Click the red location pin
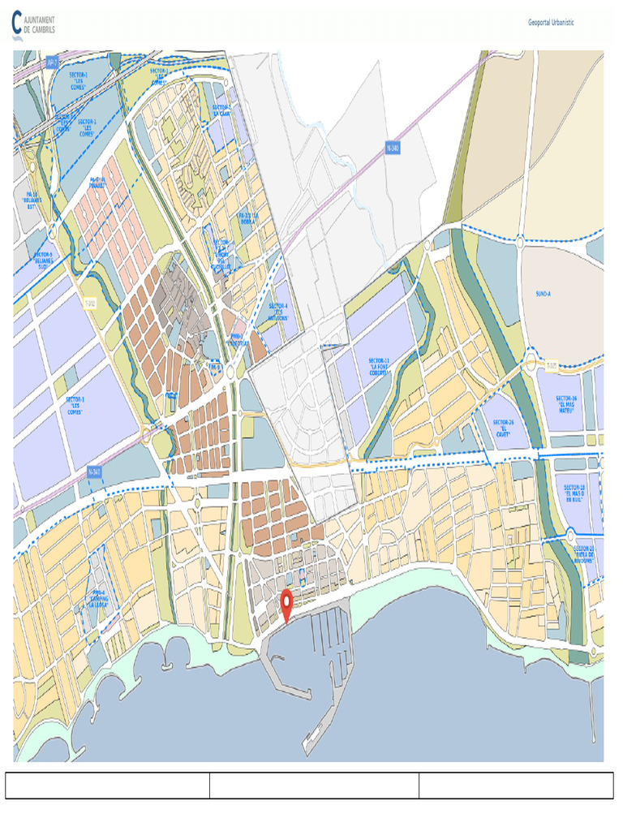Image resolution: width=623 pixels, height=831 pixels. [x=286, y=603]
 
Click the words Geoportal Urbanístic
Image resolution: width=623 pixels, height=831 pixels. [x=551, y=23]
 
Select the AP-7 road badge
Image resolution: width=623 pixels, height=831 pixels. [x=52, y=62]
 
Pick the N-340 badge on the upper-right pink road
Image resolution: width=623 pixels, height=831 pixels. [x=393, y=149]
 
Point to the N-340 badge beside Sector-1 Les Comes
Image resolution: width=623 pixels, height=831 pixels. [x=95, y=471]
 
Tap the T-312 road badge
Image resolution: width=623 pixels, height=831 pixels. [x=90, y=304]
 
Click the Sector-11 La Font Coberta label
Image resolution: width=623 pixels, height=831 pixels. [x=380, y=366]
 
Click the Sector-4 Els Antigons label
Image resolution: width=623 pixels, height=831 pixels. [x=278, y=312]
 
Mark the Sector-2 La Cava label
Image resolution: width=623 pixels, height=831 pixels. [x=221, y=110]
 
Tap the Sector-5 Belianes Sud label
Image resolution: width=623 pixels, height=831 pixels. [x=43, y=259]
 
